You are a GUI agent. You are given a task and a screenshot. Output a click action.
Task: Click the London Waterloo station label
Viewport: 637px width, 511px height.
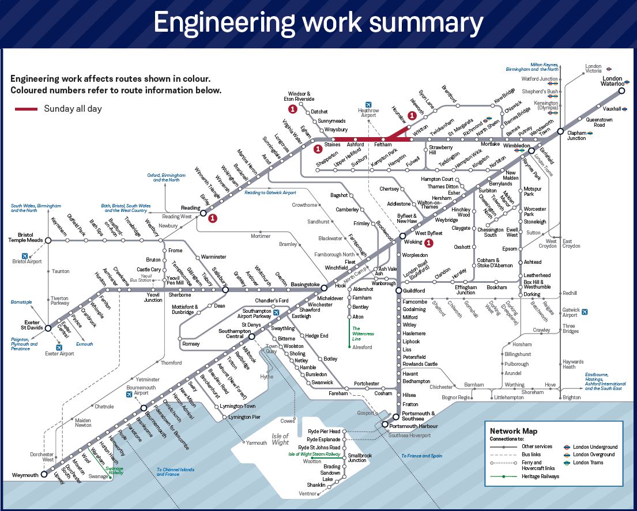pos(612,82)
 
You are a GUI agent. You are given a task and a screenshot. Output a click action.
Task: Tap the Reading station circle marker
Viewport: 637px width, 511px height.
pos(203,213)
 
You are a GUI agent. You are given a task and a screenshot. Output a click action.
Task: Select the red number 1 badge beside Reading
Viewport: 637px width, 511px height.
pos(213,218)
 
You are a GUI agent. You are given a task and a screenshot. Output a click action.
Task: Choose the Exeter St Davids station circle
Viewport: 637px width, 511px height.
pos(48,328)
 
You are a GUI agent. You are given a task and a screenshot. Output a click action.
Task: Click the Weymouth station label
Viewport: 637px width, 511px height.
pos(25,475)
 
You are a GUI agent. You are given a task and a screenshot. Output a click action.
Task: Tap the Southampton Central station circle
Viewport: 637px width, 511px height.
pos(252,336)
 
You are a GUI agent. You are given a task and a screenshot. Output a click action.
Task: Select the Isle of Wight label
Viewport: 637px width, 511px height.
pos(280,440)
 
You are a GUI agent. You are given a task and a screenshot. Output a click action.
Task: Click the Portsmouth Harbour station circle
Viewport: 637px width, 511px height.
pos(385,425)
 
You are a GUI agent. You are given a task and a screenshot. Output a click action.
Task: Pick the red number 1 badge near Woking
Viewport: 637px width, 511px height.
pos(428,243)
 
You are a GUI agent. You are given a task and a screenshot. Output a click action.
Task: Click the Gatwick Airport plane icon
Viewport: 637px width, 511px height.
pos(585,312)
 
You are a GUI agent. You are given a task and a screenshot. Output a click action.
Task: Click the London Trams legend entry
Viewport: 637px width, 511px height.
pos(587,463)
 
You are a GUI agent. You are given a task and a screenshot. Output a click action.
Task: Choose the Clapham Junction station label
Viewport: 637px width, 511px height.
pos(576,135)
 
